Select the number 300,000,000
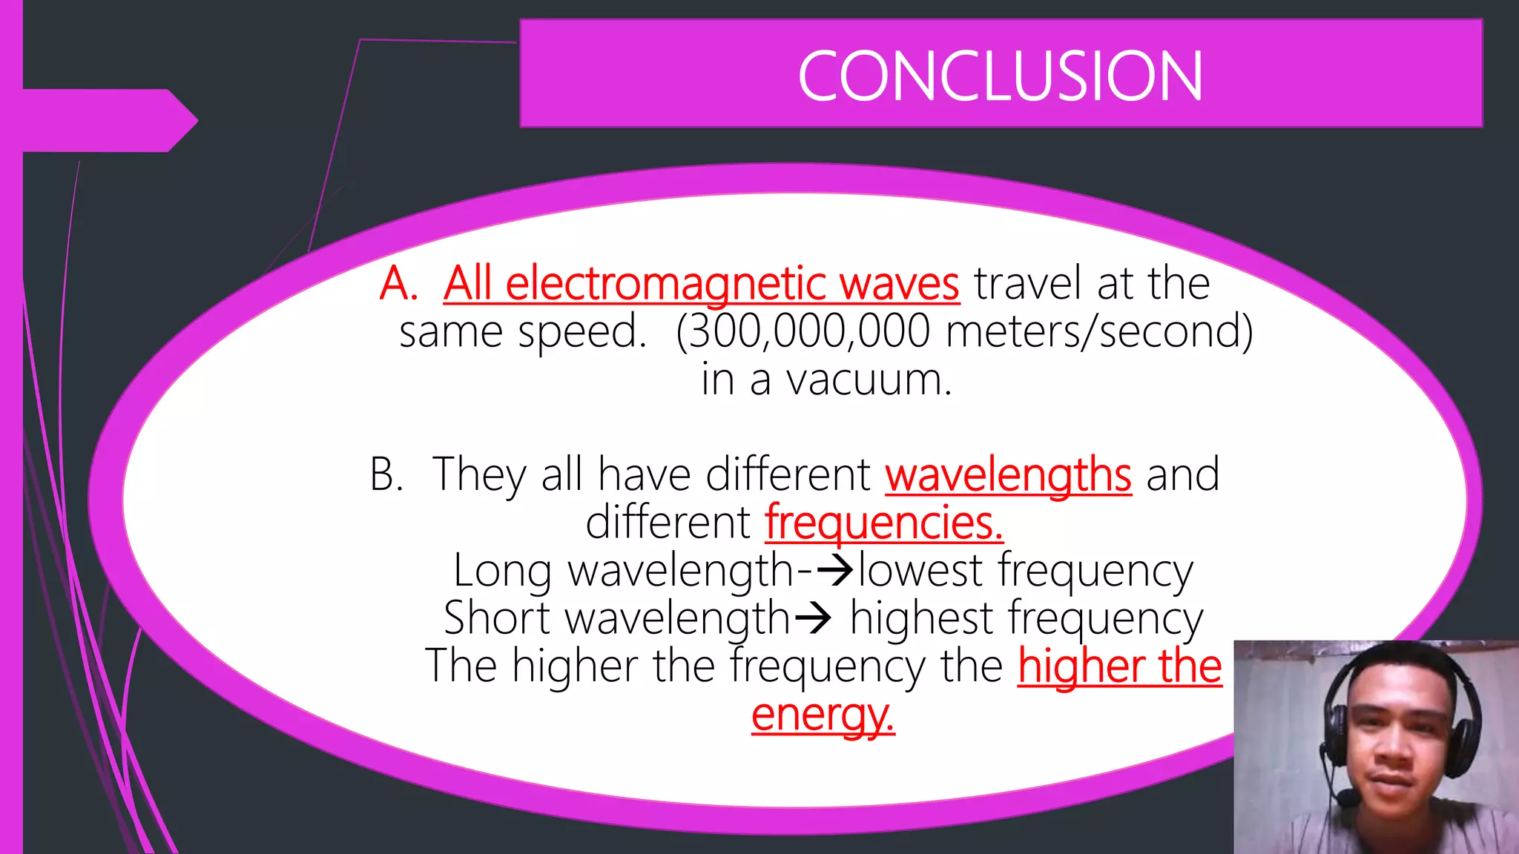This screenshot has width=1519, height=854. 809,331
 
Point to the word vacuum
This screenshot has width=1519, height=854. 868,380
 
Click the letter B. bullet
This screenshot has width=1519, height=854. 386,474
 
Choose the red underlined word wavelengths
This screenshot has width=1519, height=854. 1008,475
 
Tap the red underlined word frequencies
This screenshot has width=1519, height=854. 883,523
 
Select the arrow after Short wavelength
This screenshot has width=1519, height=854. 813,618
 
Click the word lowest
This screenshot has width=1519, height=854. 920,571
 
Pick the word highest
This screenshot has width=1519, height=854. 921,618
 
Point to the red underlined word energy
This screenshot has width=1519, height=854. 823,715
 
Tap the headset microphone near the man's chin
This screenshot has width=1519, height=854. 1347,798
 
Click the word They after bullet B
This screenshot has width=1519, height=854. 479,474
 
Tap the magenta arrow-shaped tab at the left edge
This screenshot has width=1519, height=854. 104,120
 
